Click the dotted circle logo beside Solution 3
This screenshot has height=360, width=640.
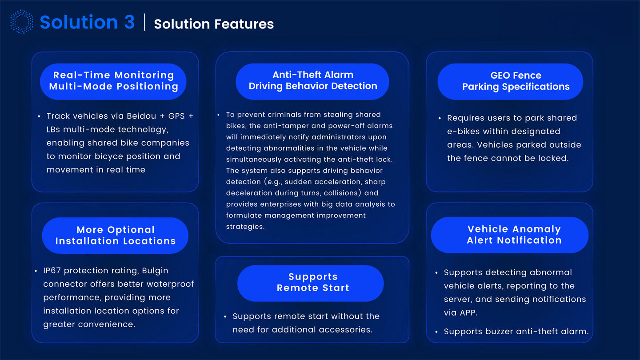coord(21,22)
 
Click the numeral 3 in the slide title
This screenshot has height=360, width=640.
coord(129,22)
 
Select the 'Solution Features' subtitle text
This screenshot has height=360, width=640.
coord(214,24)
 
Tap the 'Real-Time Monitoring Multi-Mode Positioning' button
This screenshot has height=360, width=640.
coord(113,81)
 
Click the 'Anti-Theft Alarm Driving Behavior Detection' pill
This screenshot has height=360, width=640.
coord(312,81)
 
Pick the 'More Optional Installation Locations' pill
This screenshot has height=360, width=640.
coord(115,236)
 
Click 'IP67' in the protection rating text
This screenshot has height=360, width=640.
coord(53,271)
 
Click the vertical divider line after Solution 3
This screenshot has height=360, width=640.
coord(144,22)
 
